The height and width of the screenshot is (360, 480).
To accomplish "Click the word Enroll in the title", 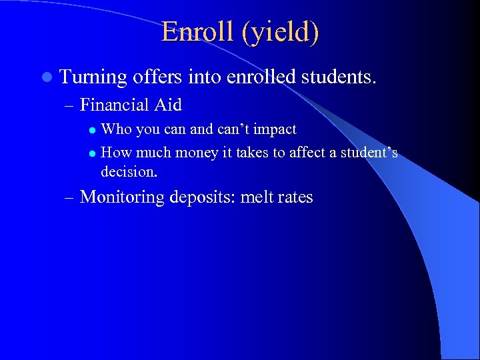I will tap(196, 32).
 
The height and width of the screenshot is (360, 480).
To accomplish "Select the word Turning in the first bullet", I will tap(93, 77).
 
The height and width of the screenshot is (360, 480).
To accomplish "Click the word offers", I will tap(157, 77).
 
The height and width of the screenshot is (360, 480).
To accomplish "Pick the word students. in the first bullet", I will tap(339, 77).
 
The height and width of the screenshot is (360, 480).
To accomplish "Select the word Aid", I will tap(170, 105).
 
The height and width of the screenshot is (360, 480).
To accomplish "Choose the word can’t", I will tap(231, 129).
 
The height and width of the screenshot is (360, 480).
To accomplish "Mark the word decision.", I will tap(129, 171).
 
